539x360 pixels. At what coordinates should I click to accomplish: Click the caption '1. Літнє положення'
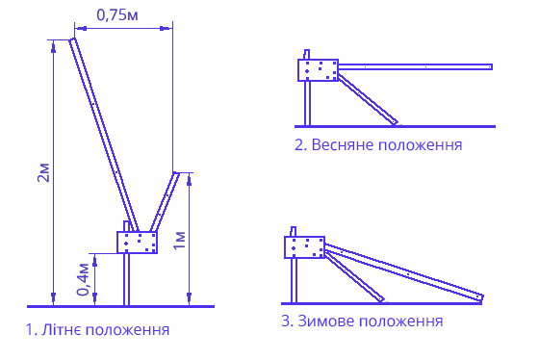click(98, 330)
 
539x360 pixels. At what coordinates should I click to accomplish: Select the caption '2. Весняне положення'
click(378, 145)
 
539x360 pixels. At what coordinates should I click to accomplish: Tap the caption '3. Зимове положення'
click(362, 320)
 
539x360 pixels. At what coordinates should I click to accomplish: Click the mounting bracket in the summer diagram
click(137, 243)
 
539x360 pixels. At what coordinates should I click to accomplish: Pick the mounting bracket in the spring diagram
click(317, 70)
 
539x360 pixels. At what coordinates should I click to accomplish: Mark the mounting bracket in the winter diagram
click(304, 247)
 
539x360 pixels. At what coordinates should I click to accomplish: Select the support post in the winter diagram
click(295, 279)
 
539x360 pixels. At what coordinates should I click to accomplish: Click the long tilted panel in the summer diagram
click(102, 135)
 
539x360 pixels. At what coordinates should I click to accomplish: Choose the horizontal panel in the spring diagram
click(414, 66)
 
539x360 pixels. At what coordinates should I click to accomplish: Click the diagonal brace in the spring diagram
click(368, 101)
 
